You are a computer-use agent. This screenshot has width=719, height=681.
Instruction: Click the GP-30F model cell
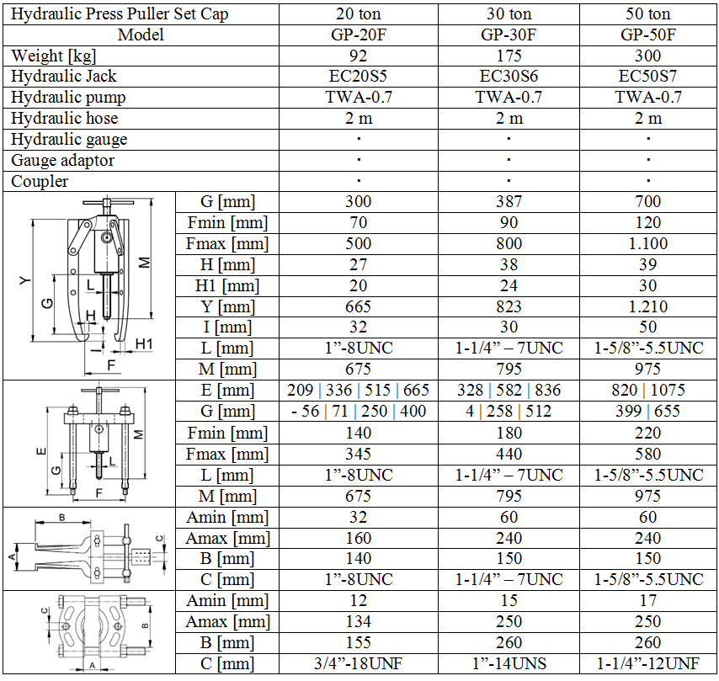pyautogui.click(x=509, y=35)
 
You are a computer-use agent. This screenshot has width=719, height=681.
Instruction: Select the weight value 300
pyautogui.click(x=647, y=56)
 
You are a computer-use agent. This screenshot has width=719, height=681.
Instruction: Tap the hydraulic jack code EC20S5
pyautogui.click(x=358, y=76)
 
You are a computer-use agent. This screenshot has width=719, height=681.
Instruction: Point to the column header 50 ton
pyautogui.click(x=648, y=13)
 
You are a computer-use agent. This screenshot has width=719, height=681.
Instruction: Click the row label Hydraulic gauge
pyautogui.click(x=69, y=140)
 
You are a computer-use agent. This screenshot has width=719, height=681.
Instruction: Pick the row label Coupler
pyautogui.click(x=40, y=182)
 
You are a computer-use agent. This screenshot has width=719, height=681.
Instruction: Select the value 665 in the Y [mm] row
pyautogui.click(x=358, y=306)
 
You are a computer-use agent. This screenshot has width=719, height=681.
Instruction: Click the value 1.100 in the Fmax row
pyautogui.click(x=648, y=243)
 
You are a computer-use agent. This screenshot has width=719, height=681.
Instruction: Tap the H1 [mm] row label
pyautogui.click(x=227, y=285)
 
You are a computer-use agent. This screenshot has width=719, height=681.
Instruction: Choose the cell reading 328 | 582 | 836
pyautogui.click(x=509, y=390)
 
